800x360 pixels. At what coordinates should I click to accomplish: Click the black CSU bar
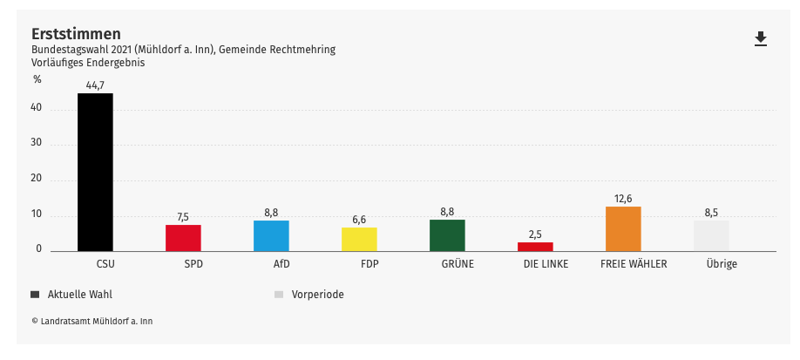click(95, 172)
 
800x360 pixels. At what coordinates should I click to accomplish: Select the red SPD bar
click(183, 238)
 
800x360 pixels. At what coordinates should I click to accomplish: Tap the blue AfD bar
click(271, 235)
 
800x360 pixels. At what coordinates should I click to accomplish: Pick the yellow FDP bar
click(359, 240)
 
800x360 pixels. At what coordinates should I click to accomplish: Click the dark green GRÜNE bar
click(447, 235)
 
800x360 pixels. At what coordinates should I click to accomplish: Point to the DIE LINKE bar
click(535, 247)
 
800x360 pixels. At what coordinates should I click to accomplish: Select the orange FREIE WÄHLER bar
click(623, 228)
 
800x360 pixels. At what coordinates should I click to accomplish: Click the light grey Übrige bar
click(711, 235)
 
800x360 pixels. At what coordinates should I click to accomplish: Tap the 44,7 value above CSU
click(95, 85)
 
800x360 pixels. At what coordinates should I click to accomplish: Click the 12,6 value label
click(623, 198)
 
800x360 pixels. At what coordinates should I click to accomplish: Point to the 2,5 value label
click(535, 234)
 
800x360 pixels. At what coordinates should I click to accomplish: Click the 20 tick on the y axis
click(37, 179)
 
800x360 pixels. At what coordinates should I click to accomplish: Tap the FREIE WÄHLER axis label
click(634, 263)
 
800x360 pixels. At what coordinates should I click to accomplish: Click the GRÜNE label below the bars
click(458, 263)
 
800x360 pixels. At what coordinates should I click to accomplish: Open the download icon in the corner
click(761, 38)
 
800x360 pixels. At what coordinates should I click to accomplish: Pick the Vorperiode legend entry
click(317, 294)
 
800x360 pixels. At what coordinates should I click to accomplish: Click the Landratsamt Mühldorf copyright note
click(92, 321)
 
